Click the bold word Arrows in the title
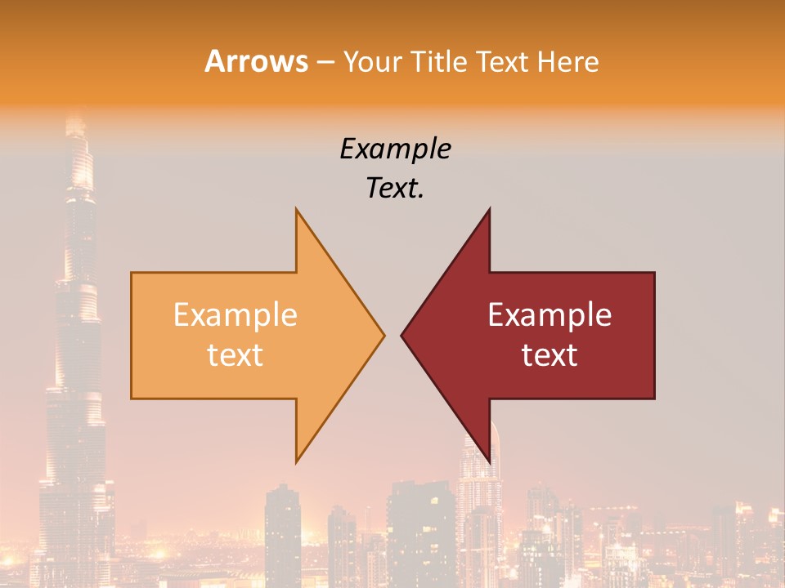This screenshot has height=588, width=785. pos(257,61)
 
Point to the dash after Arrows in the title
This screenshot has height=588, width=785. pos(324,62)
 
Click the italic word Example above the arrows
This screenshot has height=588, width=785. pos(395,149)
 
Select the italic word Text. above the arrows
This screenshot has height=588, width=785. pos(395,188)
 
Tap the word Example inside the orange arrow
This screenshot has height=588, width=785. pos(235,315)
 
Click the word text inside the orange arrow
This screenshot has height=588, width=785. pos(235,355)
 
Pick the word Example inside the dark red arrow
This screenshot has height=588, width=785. pos(549,315)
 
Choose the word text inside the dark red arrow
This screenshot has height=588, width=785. pos(549,355)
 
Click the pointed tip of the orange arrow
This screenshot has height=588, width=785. pos(384,335)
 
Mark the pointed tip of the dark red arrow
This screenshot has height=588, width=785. pos(401,335)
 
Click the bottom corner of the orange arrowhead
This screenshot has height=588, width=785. pos(297,461)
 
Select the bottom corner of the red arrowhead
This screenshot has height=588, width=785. pos(489,461)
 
